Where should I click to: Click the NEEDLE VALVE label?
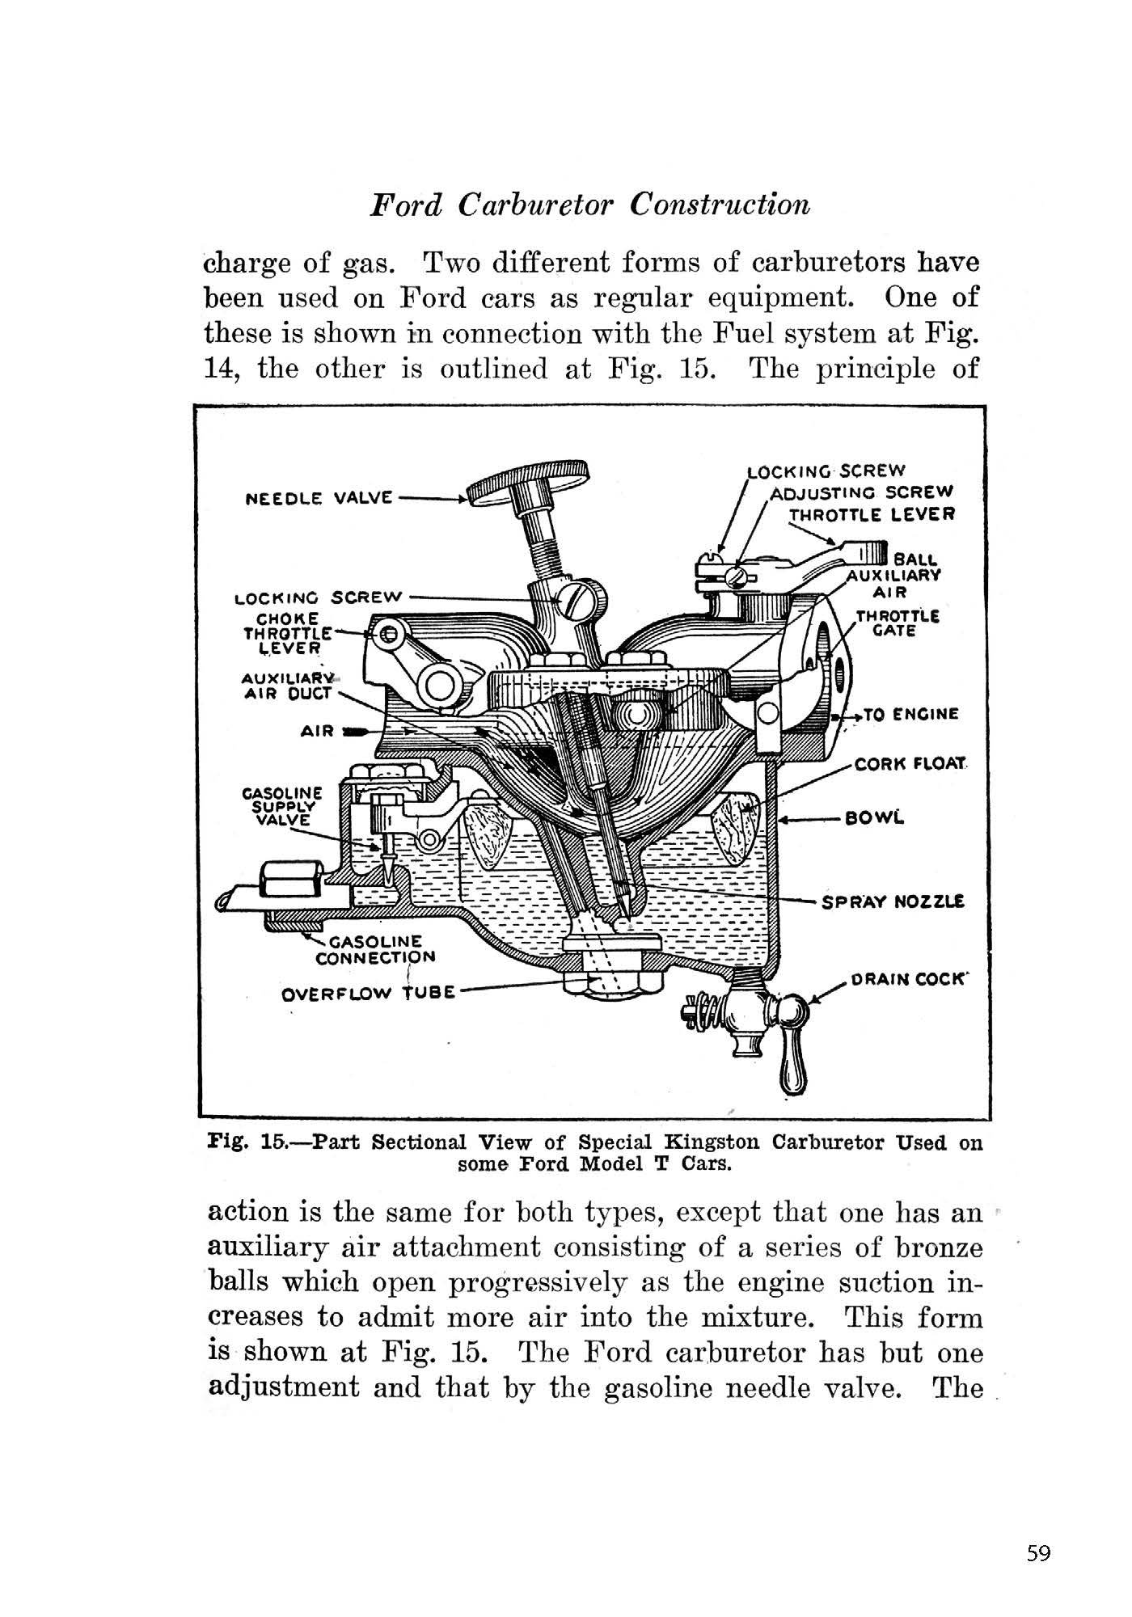pyautogui.click(x=319, y=497)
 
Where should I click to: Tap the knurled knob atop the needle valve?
pyautogui.click(x=531, y=483)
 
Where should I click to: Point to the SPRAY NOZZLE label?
pyautogui.click(x=893, y=901)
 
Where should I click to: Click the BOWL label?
pyautogui.click(x=872, y=818)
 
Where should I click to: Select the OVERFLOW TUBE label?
pyautogui.click(x=368, y=992)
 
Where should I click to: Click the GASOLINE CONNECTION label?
pyautogui.click(x=376, y=949)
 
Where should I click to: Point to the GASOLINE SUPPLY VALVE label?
pyautogui.click(x=283, y=805)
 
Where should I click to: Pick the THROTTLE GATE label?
pyautogui.click(x=897, y=623)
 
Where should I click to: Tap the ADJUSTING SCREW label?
pyautogui.click(x=862, y=492)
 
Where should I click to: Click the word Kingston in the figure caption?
pyautogui.click(x=712, y=1143)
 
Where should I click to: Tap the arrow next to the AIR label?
pyautogui.click(x=354, y=731)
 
